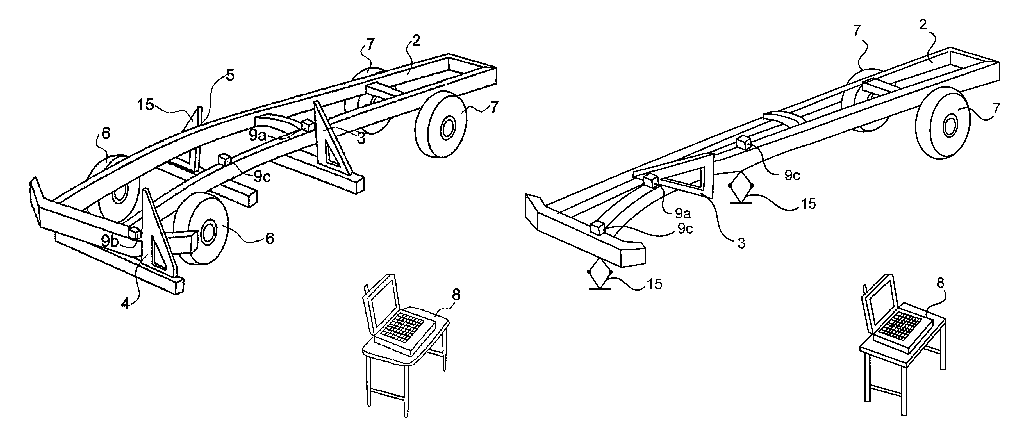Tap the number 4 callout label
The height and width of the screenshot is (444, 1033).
click(x=126, y=304)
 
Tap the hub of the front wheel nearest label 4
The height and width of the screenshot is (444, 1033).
click(x=208, y=233)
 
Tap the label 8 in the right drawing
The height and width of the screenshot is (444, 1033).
click(x=940, y=283)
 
